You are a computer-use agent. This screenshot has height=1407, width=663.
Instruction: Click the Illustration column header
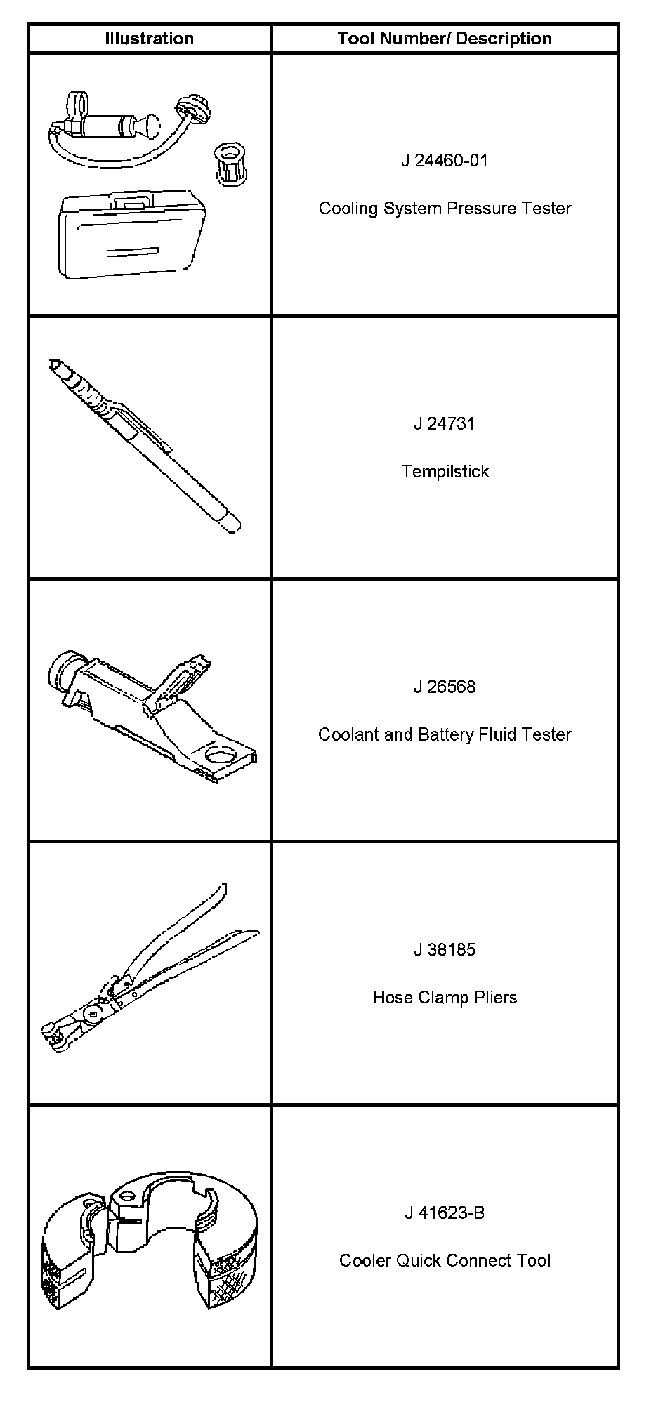149,39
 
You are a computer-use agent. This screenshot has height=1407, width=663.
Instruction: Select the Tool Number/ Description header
445,39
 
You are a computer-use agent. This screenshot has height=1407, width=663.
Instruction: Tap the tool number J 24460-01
445,161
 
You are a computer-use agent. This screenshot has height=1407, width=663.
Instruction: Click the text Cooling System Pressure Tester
445,209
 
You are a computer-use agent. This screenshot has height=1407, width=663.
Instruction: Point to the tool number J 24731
445,424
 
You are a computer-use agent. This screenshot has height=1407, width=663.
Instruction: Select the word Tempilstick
445,471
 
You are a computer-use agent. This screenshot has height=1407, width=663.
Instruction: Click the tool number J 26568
445,687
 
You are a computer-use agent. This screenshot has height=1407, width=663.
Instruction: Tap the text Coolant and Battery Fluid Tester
445,734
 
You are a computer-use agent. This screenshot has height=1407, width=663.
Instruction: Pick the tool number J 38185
445,950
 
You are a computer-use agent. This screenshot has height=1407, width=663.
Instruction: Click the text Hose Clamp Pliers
445,998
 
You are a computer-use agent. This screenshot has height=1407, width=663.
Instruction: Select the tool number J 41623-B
445,1213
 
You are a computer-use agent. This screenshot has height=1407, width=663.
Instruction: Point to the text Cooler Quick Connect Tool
445,1260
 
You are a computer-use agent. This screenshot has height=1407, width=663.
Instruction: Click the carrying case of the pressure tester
130,235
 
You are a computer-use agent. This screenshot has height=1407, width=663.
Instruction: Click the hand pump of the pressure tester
105,126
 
